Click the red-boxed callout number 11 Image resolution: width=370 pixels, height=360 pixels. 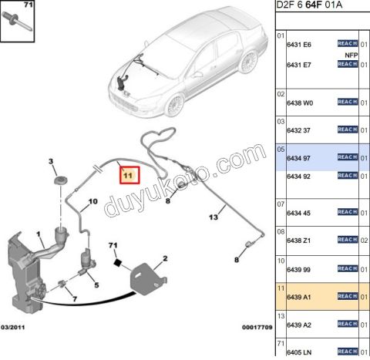tap(128, 176)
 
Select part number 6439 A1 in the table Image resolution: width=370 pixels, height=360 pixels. tap(299, 297)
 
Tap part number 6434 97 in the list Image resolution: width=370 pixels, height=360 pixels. tap(298, 158)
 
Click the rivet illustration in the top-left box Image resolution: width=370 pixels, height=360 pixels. tap(17, 21)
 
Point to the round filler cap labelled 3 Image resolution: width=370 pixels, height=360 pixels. tap(61, 180)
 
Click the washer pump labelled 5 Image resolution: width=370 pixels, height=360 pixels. tap(86, 261)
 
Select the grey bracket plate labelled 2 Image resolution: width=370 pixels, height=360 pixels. tap(148, 279)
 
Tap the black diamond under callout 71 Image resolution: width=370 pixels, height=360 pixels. tap(117, 262)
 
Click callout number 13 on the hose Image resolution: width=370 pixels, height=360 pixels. tap(214, 217)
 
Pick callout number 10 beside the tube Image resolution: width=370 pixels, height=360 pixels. tap(93, 201)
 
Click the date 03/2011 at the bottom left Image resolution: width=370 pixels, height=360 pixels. tap(13, 328)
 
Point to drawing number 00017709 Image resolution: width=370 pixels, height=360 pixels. tap(257, 328)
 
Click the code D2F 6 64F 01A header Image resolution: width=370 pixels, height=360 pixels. tap(309, 5)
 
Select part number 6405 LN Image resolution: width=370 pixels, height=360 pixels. tap(299, 352)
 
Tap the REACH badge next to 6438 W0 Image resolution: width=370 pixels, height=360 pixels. tap(348, 102)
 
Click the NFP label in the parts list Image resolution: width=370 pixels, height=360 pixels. tap(351, 55)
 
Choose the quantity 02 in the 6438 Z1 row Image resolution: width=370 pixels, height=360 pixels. tap(364, 241)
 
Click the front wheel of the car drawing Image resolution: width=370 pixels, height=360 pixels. tap(175, 106)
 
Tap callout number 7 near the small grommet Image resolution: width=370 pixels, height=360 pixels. tap(75, 299)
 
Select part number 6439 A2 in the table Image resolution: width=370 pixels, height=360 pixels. tap(299, 325)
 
